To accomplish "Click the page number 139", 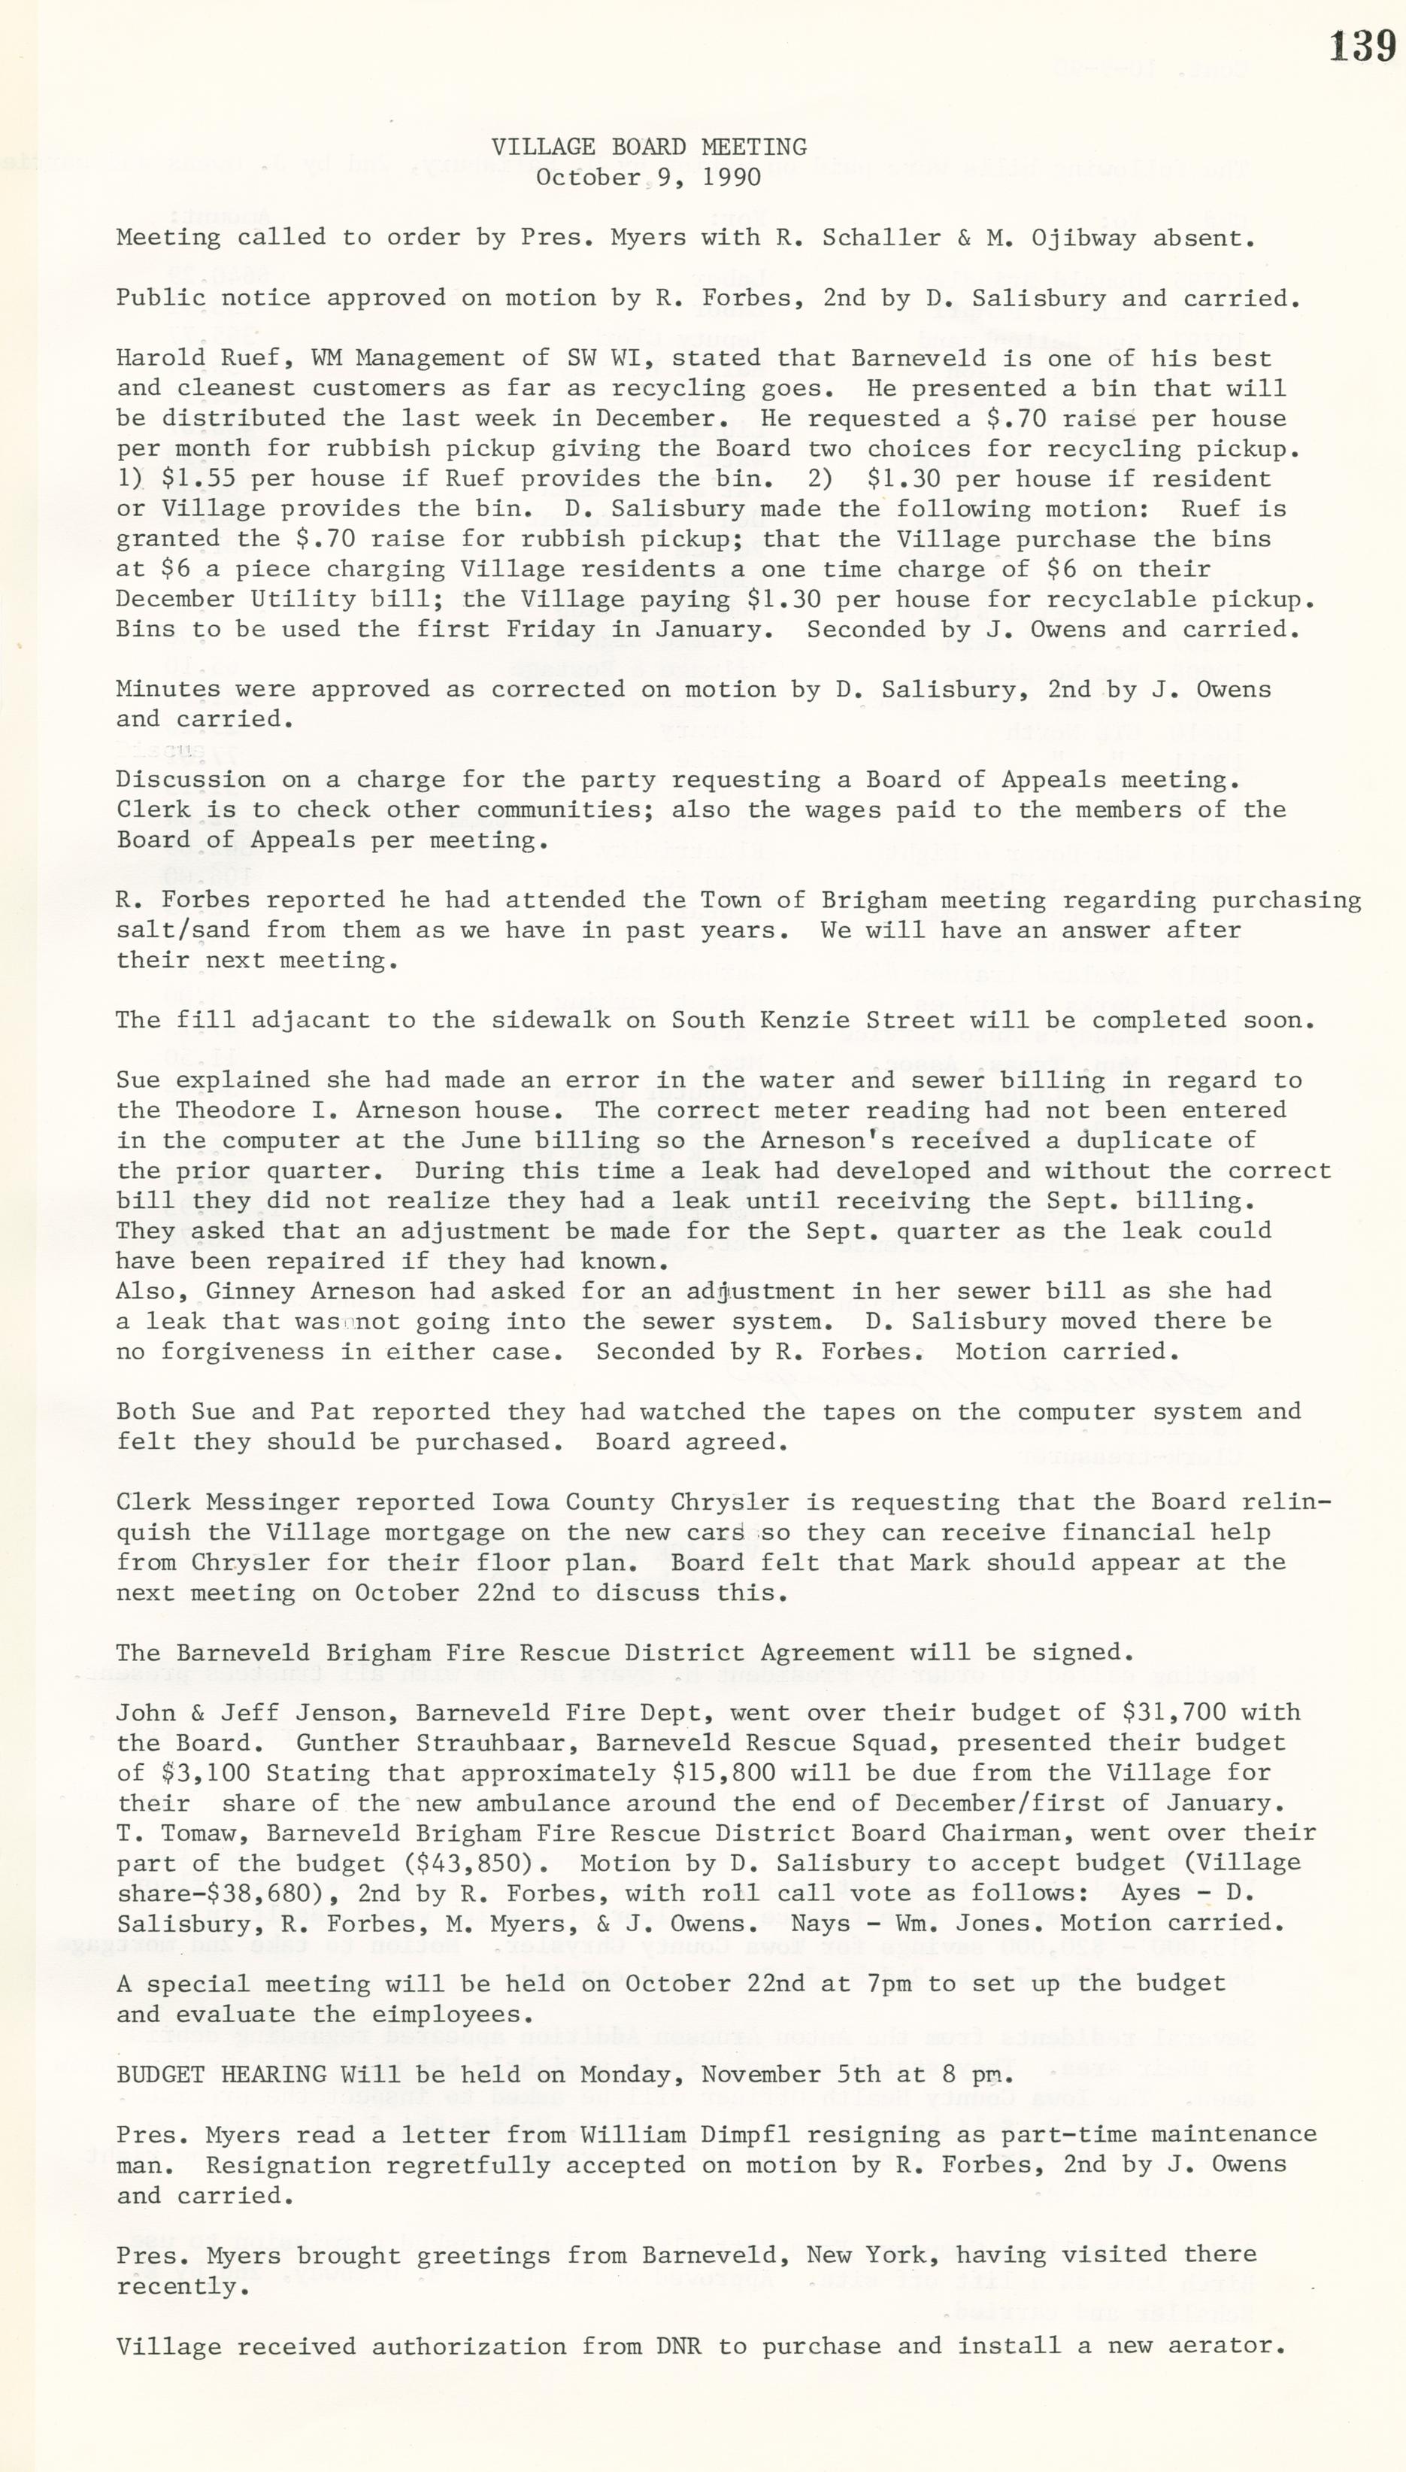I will [1362, 47].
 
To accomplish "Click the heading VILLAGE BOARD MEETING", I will [649, 147].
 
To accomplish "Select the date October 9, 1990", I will [649, 178].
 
